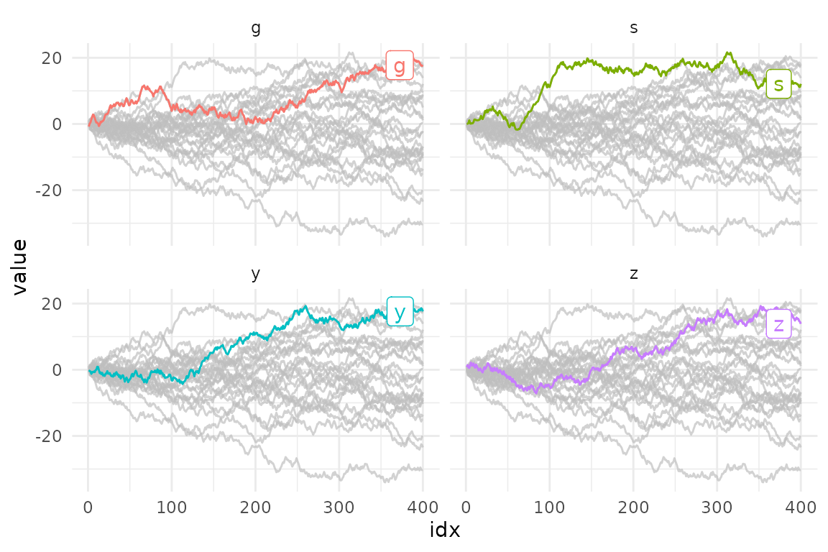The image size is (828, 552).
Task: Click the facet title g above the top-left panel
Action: pyautogui.click(x=256, y=29)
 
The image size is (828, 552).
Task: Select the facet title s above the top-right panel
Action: pyautogui.click(x=633, y=29)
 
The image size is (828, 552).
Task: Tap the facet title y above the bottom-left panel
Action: pyautogui.click(x=256, y=275)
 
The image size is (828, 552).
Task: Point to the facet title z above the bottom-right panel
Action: pyautogui.click(x=633, y=275)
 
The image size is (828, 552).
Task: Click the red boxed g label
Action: pyautogui.click(x=399, y=65)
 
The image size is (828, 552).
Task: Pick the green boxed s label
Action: pyautogui.click(x=778, y=83)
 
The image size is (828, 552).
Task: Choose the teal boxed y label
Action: pyautogui.click(x=400, y=311)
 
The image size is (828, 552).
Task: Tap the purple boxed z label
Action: pyautogui.click(x=778, y=324)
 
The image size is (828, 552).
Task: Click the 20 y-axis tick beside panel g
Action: pyautogui.click(x=52, y=58)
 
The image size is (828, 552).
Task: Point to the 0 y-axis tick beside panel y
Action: pyautogui.click(x=57, y=370)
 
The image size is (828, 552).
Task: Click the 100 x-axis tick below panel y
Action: pyautogui.click(x=171, y=507)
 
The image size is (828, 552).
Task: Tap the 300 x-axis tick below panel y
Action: pyautogui.click(x=339, y=507)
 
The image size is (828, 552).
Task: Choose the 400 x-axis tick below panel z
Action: pyautogui.click(x=801, y=507)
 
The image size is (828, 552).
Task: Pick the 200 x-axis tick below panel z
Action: pyautogui.click(x=633, y=507)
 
